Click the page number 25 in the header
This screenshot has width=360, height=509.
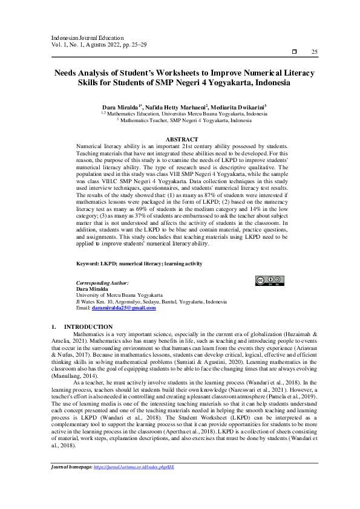click(x=314, y=53)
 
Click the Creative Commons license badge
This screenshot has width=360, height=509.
click(x=268, y=280)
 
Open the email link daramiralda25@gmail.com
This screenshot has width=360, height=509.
click(x=123, y=308)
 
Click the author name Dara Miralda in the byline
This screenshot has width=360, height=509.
click(x=119, y=106)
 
